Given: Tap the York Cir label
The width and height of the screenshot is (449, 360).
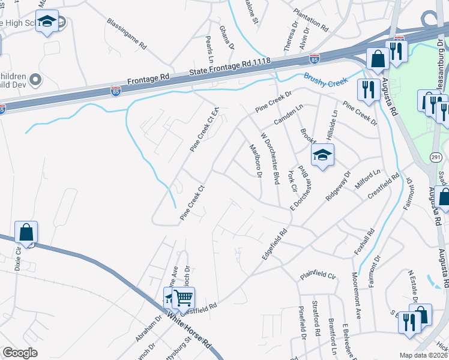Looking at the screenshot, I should (x=292, y=179).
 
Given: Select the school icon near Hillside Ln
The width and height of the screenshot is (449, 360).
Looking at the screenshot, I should (x=322, y=157).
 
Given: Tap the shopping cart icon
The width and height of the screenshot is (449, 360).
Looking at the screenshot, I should (x=183, y=297).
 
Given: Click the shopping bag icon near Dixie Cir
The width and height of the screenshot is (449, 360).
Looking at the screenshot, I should (x=26, y=232).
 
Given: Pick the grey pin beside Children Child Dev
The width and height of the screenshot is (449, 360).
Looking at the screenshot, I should (x=35, y=79).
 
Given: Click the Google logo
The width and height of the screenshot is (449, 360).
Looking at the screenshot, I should (x=20, y=353).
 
